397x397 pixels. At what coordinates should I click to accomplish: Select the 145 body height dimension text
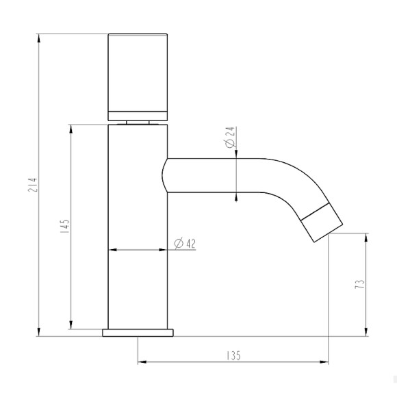click(64, 227)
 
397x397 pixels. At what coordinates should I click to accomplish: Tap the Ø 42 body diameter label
click(185, 243)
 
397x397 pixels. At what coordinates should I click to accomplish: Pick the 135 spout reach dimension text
click(233, 356)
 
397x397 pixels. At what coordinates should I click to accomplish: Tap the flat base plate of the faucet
click(138, 333)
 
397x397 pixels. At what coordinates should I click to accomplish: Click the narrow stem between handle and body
click(138, 122)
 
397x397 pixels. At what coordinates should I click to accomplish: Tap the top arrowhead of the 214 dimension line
click(38, 36)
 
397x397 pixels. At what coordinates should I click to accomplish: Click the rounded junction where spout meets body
click(165, 175)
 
